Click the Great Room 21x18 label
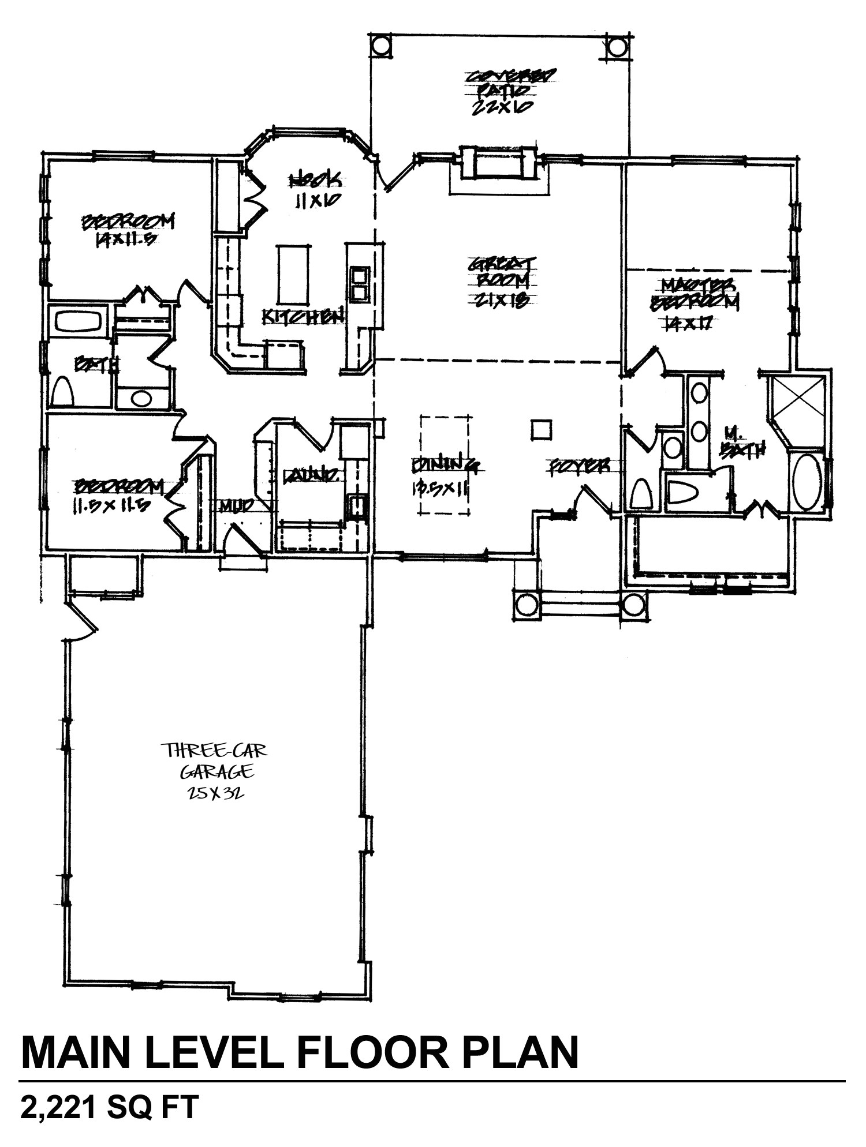tap(502, 282)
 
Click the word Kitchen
tap(303, 317)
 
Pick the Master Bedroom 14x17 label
tap(695, 303)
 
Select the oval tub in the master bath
tap(807, 482)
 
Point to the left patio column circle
tap(380, 45)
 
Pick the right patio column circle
tap(617, 47)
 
